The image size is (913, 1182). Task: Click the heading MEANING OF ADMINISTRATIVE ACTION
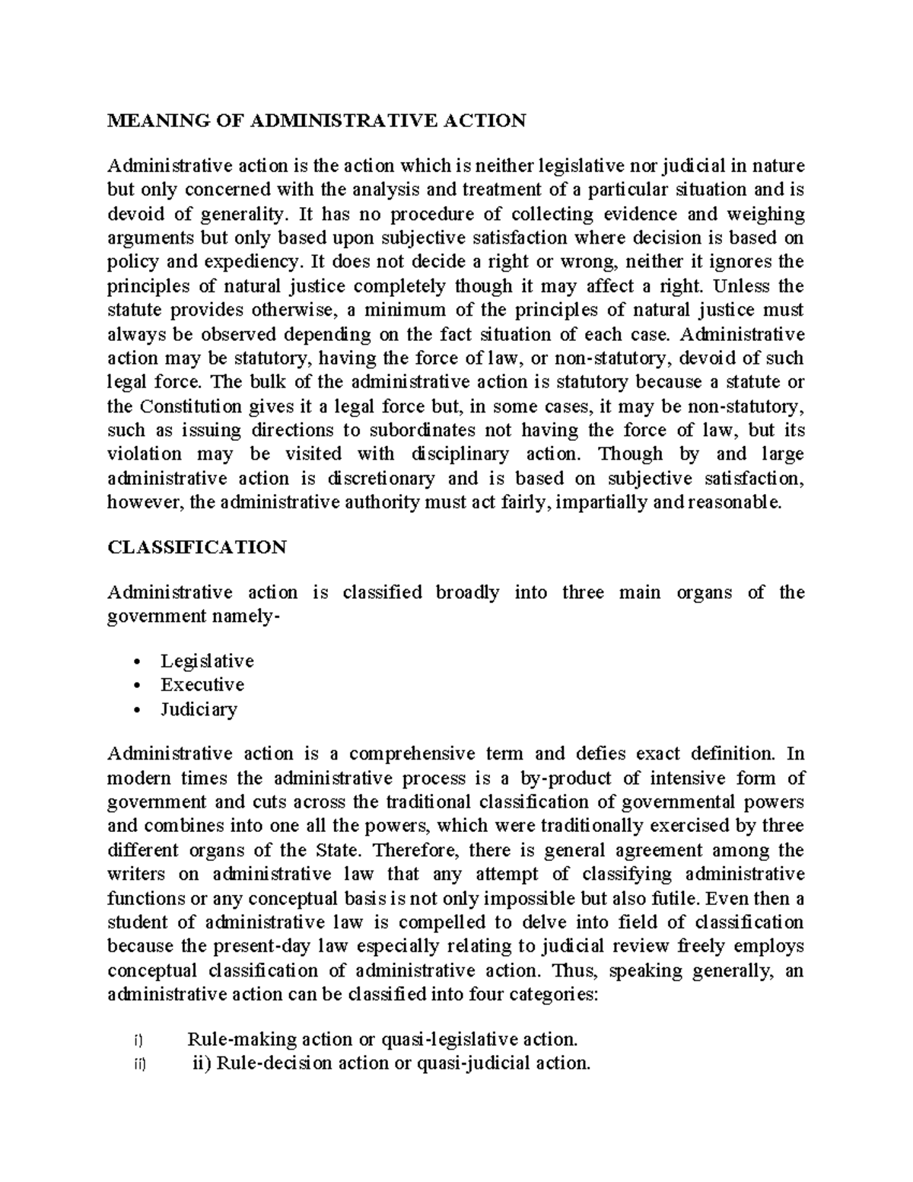point(317,121)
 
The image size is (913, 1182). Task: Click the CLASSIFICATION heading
point(197,548)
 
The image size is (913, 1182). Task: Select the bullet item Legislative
point(206,661)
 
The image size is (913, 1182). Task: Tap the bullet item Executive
point(202,685)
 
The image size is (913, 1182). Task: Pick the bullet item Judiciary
point(199,709)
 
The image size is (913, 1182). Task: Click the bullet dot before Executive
point(136,686)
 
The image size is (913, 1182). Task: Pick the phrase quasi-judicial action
point(502,1063)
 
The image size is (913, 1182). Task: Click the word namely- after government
point(246,616)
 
